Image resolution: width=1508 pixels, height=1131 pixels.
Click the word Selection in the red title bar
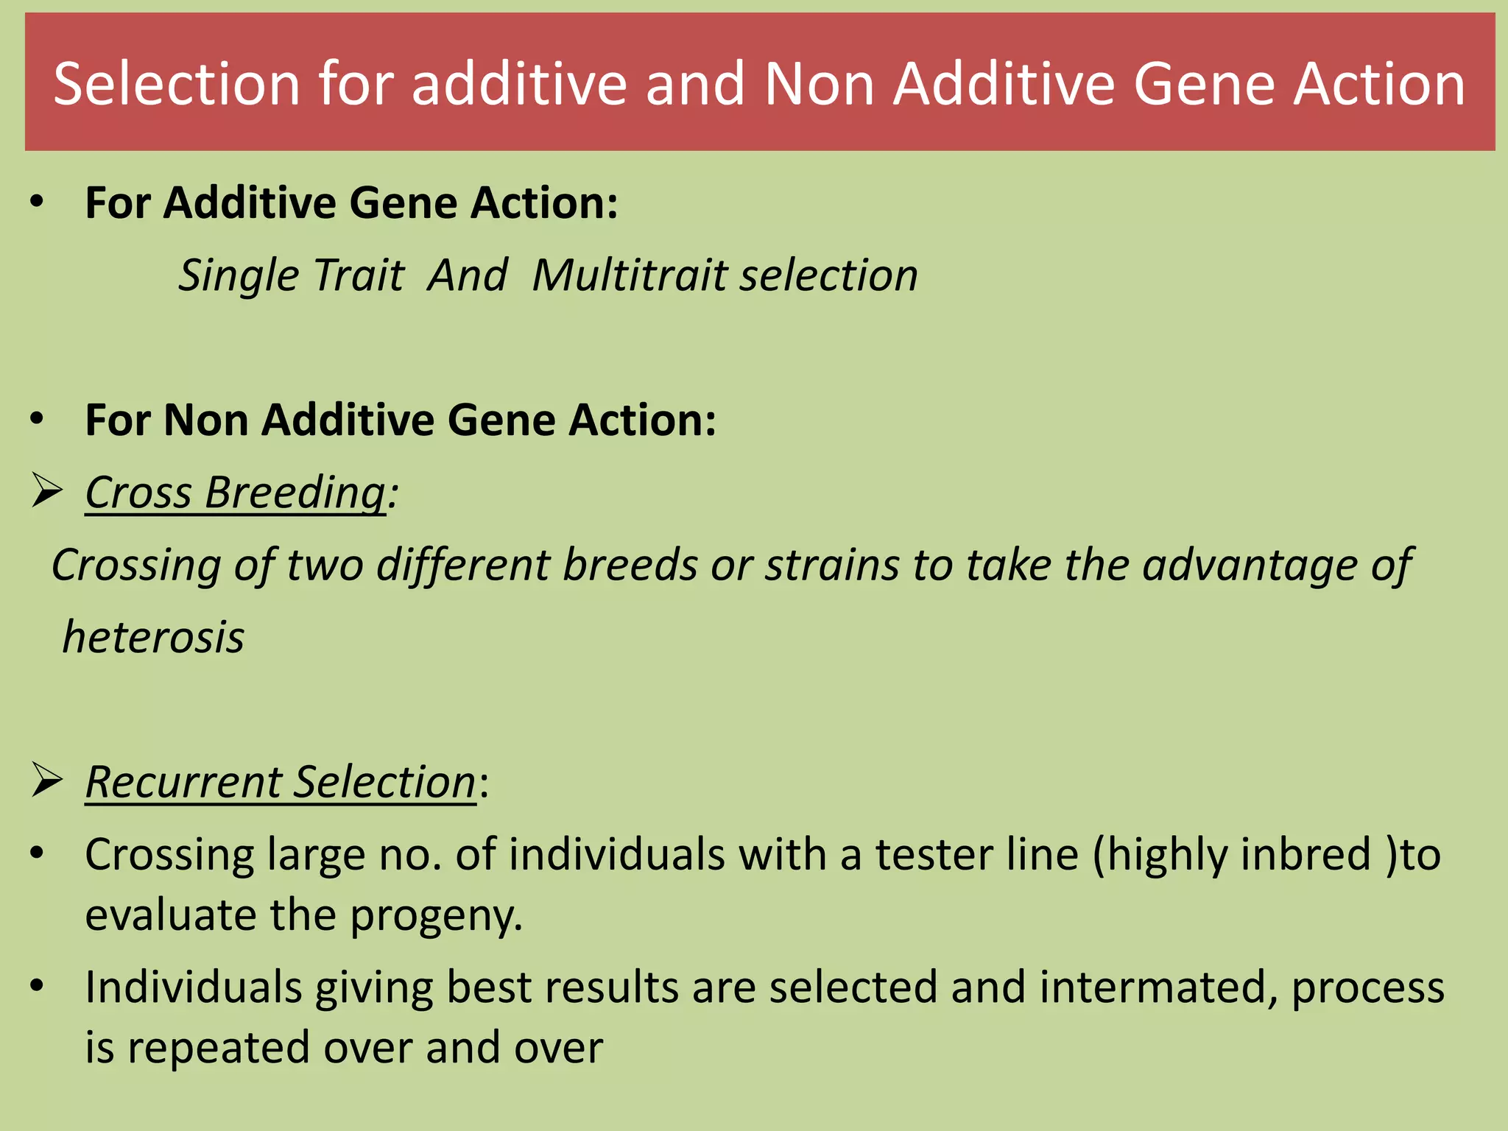177,84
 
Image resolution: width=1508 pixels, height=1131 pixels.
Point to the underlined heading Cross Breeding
235,492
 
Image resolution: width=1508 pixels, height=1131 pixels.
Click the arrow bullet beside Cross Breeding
46,491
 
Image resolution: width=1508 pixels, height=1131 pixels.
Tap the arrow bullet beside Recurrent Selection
46,781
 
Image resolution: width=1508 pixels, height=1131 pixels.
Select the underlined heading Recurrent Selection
281,781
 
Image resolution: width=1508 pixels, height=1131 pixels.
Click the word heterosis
153,637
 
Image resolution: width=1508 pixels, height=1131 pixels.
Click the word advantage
1250,565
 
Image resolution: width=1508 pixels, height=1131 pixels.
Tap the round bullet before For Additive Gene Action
38,202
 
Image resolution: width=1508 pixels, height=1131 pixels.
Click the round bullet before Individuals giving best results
38,986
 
